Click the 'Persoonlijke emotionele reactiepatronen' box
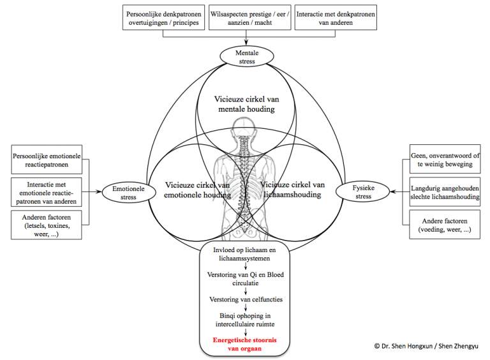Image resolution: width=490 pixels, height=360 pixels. (x=47, y=158)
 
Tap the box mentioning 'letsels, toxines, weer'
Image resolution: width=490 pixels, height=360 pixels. (x=47, y=225)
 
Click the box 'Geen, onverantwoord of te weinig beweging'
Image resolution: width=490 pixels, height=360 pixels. (x=444, y=159)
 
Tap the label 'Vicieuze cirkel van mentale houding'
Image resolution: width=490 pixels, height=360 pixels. (x=246, y=104)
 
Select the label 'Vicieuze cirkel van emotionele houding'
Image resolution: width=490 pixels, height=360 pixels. (x=188, y=190)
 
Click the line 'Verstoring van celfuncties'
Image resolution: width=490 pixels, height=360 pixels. (x=246, y=299)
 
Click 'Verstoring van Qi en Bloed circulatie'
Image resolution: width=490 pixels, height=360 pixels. (x=246, y=278)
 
